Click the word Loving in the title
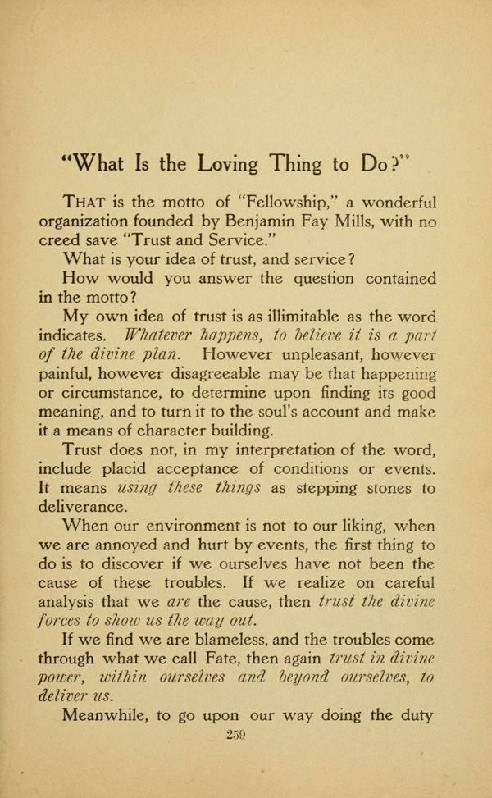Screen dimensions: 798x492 [230, 164]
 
